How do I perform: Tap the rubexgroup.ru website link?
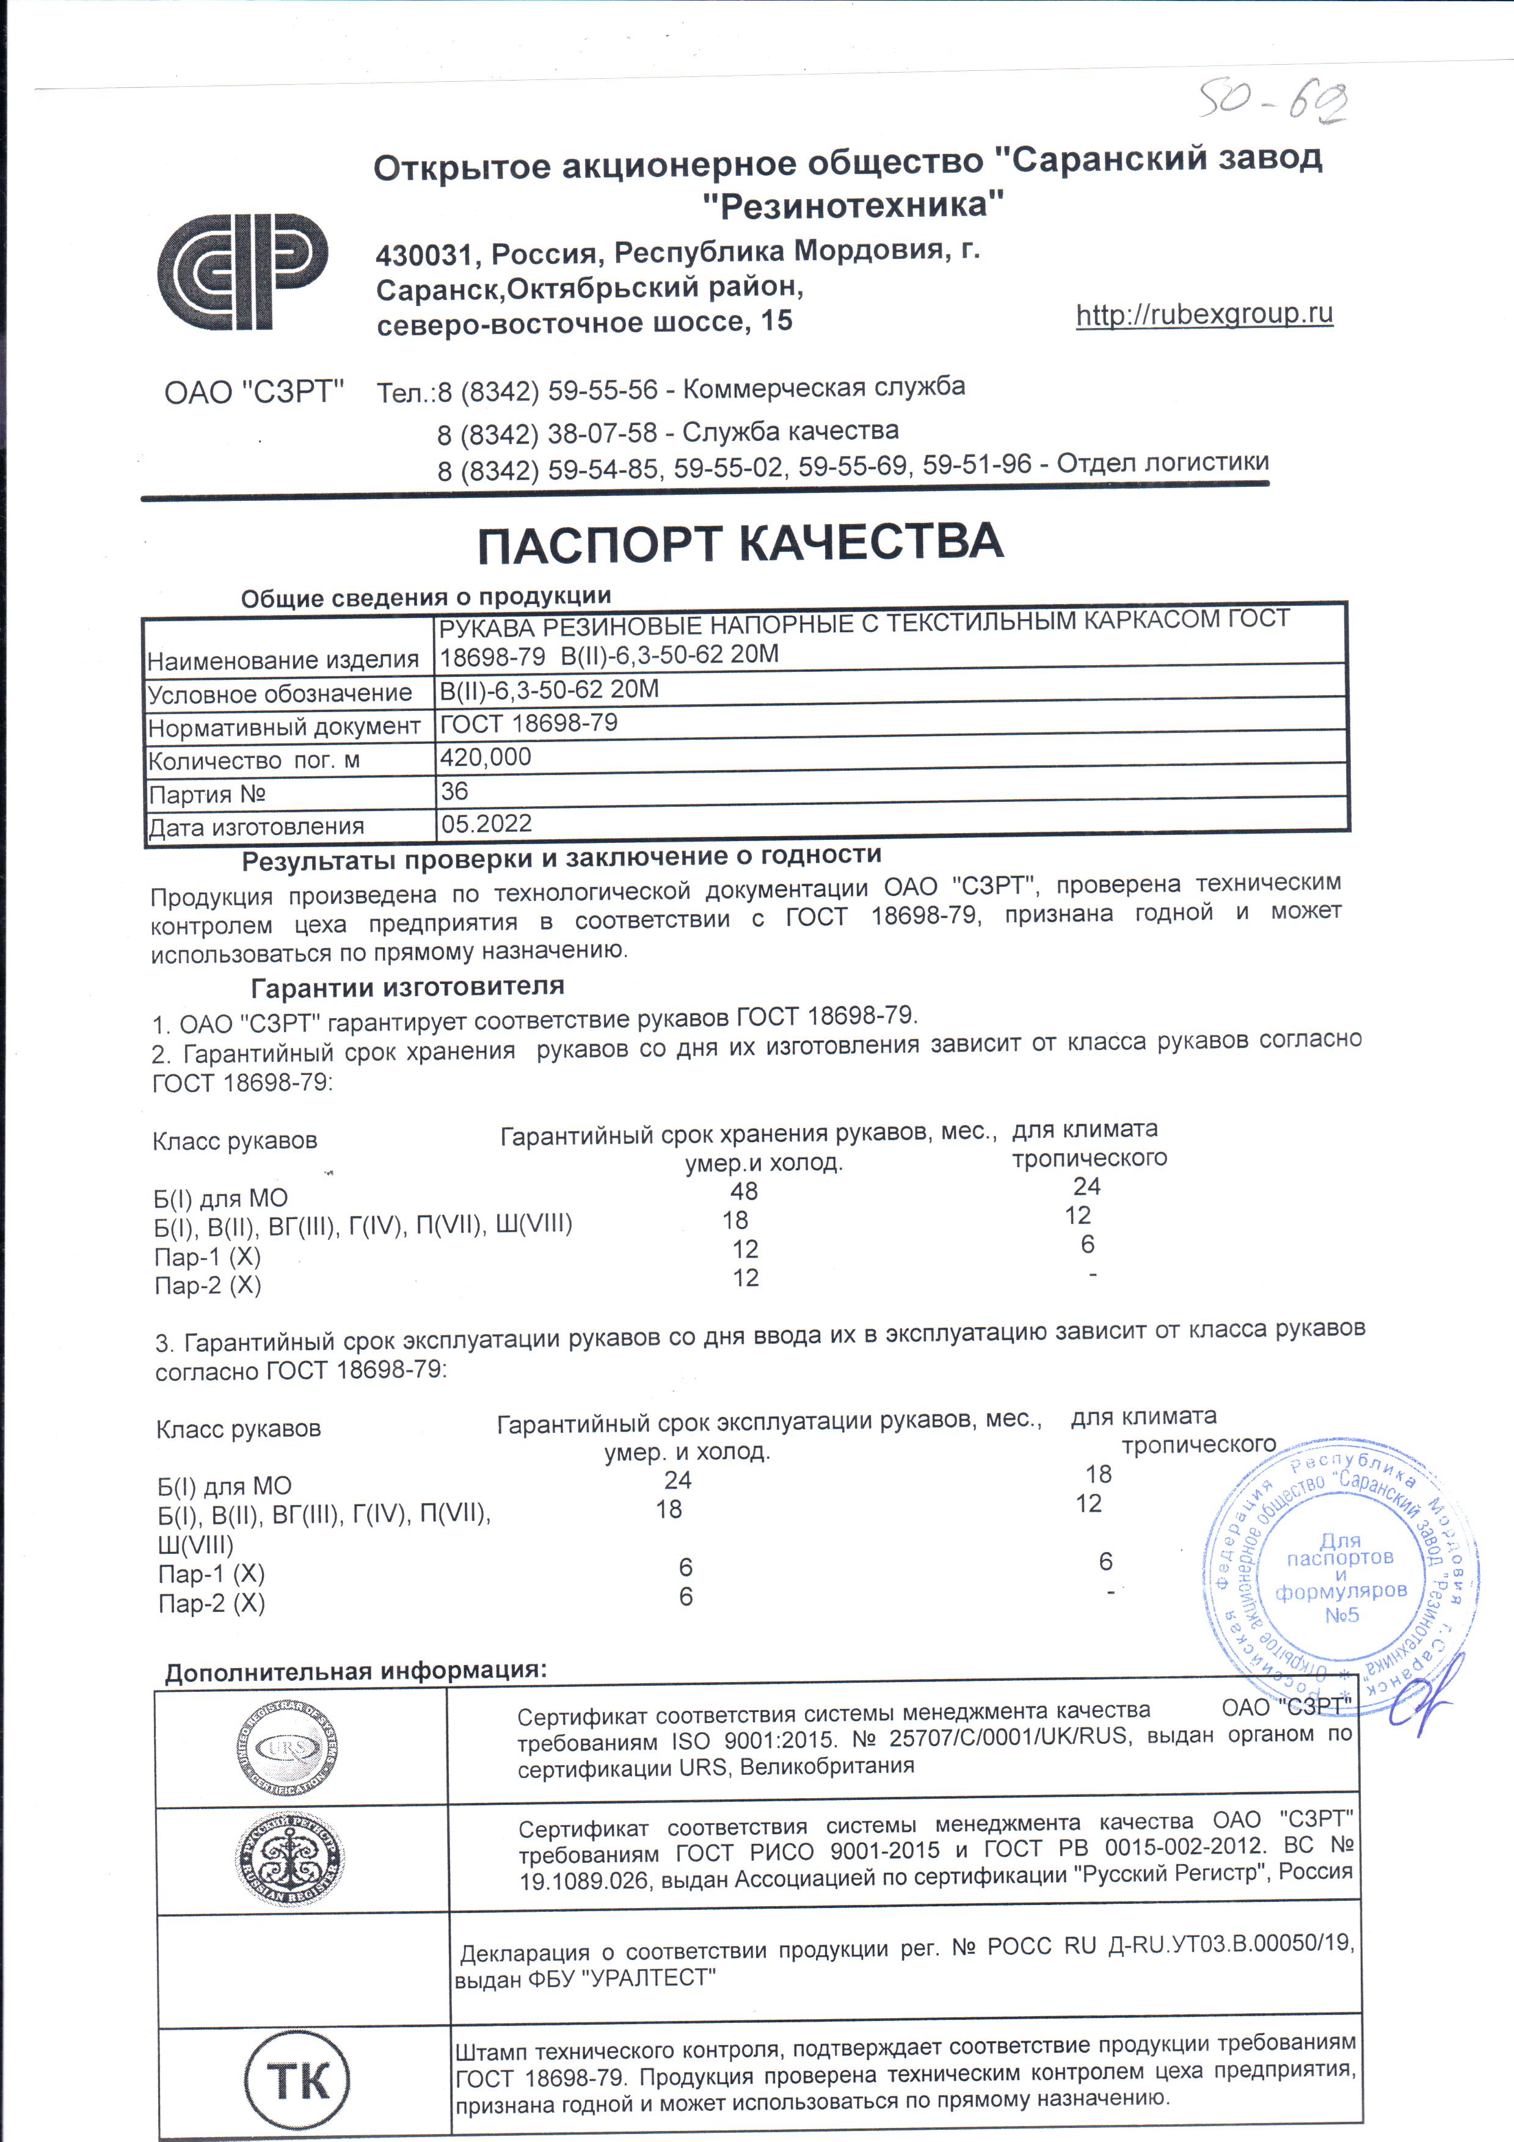point(1204,315)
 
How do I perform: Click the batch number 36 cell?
point(454,791)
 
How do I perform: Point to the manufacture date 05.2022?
point(486,824)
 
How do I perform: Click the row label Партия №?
point(207,795)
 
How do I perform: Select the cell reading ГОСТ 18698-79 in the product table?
point(528,723)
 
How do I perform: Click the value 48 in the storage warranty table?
point(744,1192)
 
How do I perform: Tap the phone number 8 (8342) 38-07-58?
point(548,434)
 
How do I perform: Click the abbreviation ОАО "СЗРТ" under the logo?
point(253,392)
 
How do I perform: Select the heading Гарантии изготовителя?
point(407,986)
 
